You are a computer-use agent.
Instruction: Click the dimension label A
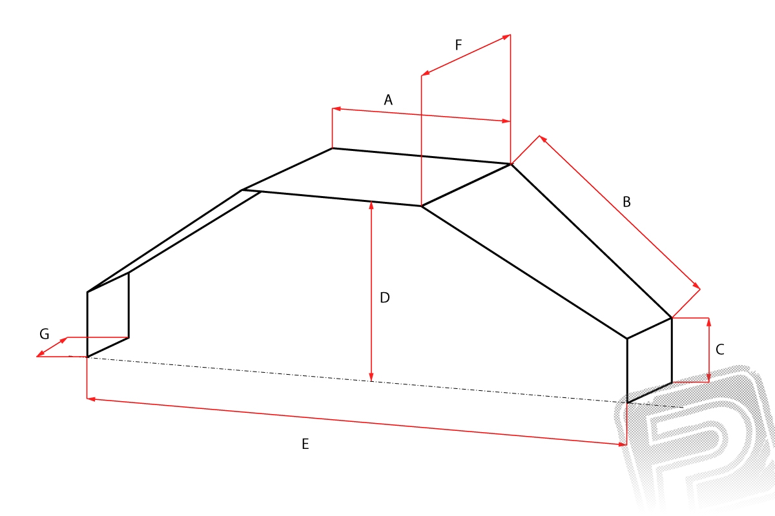click(388, 100)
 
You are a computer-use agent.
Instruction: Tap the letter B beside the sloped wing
click(626, 202)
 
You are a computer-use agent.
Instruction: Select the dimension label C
click(719, 350)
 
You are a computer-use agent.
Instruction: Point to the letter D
click(385, 297)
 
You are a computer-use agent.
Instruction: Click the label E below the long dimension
click(305, 444)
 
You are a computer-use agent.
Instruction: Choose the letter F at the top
click(459, 45)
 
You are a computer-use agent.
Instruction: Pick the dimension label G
click(45, 334)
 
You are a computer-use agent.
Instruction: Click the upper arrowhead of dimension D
click(371, 205)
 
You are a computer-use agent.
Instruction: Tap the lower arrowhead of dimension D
click(371, 377)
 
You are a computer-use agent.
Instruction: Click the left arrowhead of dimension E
click(91, 399)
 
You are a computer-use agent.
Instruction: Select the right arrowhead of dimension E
click(623, 444)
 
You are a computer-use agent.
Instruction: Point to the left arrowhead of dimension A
click(336, 109)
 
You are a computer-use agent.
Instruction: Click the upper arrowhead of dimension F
click(506, 37)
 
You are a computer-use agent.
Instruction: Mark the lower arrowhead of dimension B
click(696, 286)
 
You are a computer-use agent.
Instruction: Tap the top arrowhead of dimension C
click(708, 322)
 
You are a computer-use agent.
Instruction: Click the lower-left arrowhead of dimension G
click(40, 353)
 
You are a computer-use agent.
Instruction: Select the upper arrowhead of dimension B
click(543, 139)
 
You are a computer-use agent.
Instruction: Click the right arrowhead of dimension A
click(506, 121)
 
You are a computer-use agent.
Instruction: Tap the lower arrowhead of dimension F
click(425, 74)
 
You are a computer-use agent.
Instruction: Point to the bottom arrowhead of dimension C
click(708, 378)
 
